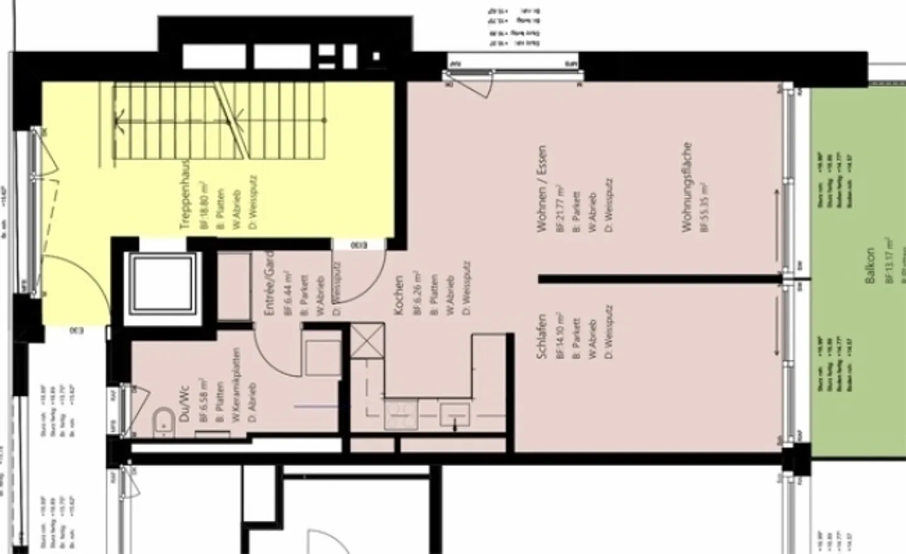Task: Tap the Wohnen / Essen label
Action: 542,189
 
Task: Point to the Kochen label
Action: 398,296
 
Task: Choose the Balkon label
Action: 871,265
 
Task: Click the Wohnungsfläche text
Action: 687,187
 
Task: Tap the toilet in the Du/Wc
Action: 164,422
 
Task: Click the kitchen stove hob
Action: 401,415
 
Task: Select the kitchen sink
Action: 455,415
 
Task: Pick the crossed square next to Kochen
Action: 367,340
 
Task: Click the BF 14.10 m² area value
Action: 559,336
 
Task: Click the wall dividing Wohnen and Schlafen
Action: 661,279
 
